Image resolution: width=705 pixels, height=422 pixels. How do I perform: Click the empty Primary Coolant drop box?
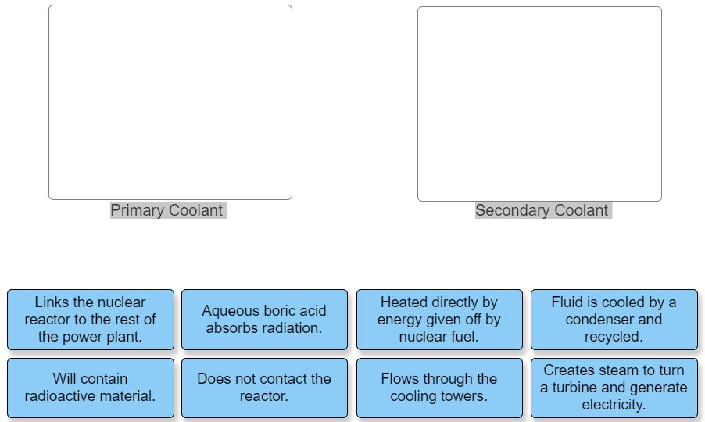170,102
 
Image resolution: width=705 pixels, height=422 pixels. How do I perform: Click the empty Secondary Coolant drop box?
539,104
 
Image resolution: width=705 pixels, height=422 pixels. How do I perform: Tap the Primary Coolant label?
166,210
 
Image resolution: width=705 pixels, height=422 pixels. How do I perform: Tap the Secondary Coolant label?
542,210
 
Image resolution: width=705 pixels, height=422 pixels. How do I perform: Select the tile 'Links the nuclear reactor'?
91,319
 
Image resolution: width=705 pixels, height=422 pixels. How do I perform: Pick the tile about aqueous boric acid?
264,319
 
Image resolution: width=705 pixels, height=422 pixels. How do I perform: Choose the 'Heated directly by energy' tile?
439,319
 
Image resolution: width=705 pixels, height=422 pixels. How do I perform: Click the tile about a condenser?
614,319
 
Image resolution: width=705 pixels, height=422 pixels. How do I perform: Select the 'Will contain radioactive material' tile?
91,388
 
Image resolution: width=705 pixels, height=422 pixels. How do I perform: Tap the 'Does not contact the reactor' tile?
264,388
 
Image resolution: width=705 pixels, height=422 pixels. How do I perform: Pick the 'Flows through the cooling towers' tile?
439,388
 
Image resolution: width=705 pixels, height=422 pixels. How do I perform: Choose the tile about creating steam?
614,388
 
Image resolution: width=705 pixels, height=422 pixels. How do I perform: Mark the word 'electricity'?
614,405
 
